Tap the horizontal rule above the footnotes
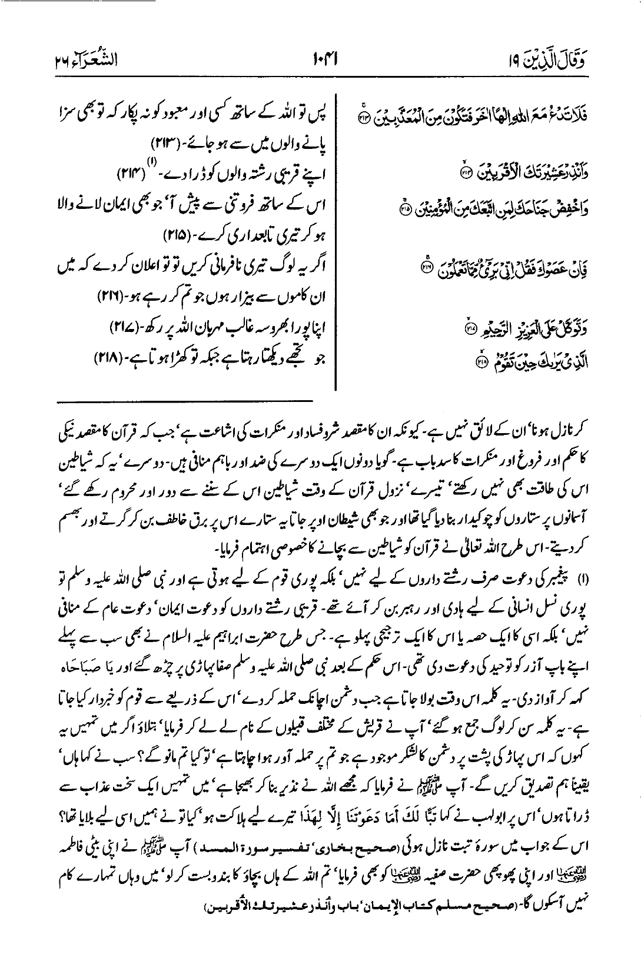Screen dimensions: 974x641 (x=185, y=402)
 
